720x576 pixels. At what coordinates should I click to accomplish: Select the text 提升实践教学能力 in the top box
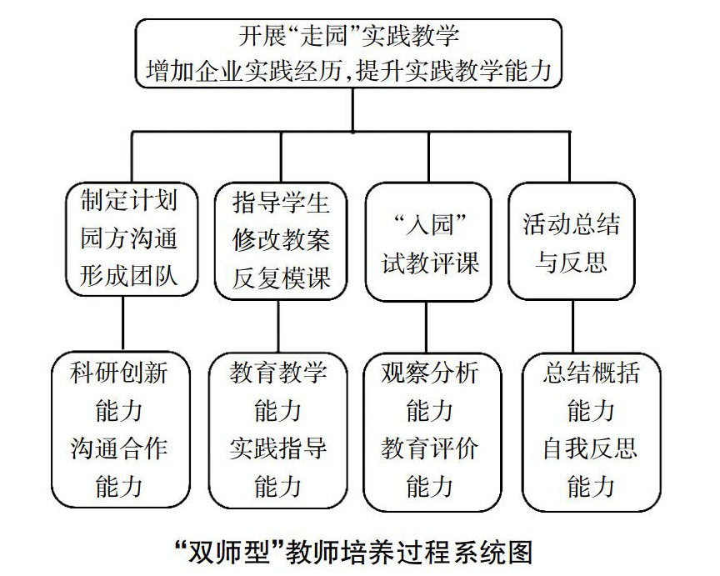[453, 68]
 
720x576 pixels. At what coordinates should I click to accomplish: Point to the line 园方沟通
[129, 239]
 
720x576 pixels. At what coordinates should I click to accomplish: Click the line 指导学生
[281, 203]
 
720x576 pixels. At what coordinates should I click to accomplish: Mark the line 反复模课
[281, 277]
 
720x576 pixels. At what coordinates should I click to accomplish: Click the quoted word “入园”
[427, 225]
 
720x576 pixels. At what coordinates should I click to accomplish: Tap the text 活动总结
[572, 224]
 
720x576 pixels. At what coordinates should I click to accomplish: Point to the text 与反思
[572, 263]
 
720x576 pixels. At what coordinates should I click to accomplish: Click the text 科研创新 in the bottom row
[120, 372]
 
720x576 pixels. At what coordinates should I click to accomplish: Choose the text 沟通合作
[120, 448]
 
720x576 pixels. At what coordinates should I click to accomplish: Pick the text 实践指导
[278, 448]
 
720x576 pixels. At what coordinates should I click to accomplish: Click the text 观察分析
[430, 372]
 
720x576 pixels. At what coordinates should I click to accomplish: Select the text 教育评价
[430, 448]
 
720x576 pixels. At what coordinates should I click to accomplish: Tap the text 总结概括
[591, 372]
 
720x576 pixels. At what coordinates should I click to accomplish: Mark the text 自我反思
[589, 448]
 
